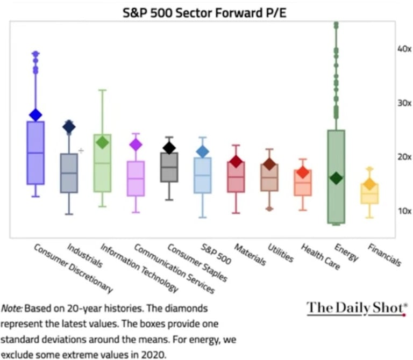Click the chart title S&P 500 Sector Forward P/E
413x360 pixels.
coord(206,11)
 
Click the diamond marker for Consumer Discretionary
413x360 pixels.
coord(35,114)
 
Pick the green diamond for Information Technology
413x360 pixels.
coord(102,142)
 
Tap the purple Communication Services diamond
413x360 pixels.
coord(136,144)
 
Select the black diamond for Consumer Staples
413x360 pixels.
coord(169,148)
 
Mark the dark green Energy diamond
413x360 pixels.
coord(336,178)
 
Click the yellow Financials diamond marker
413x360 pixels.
coord(369,184)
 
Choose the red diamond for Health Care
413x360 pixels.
coord(303,172)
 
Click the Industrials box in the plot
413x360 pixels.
coord(69,173)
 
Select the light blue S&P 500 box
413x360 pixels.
coord(202,175)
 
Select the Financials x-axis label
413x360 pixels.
coord(384,254)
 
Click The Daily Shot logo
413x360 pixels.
coord(355,308)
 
